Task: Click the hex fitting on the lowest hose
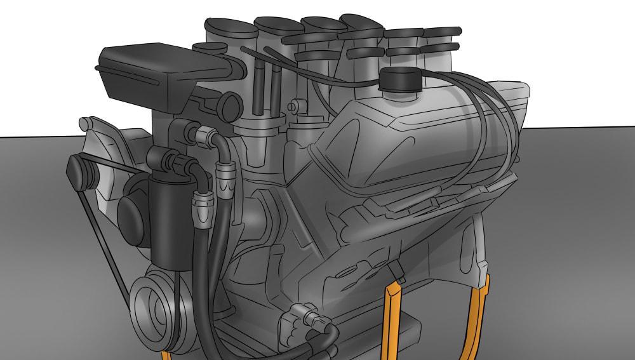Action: pyautogui.click(x=301, y=316)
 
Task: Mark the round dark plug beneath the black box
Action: pyautogui.click(x=230, y=107)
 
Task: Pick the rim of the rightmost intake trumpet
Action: pyautogui.click(x=442, y=30)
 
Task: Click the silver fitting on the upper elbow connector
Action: pyautogui.click(x=204, y=134)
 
